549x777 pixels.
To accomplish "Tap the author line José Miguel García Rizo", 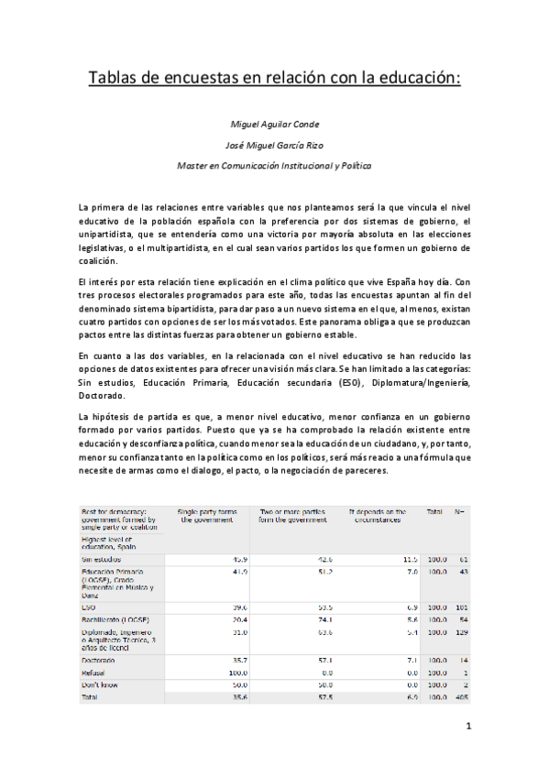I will click(x=273, y=145).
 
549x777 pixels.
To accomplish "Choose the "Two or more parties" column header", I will click(x=293, y=516).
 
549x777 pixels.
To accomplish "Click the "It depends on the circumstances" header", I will click(x=378, y=516).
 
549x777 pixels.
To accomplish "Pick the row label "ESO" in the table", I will click(x=89, y=607).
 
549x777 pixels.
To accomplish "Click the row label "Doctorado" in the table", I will click(x=100, y=660).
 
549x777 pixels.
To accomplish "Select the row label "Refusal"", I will click(x=94, y=673).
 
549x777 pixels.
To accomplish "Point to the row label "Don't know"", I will click(x=101, y=685).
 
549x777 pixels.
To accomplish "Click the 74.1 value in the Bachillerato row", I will click(x=324, y=619).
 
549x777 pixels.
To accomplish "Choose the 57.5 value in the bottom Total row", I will click(x=324, y=698).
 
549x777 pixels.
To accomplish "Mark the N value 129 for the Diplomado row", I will click(x=461, y=632).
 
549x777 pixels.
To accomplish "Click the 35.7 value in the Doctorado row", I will click(x=239, y=660).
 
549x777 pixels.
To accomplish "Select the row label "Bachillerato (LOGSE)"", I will click(x=116, y=619).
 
